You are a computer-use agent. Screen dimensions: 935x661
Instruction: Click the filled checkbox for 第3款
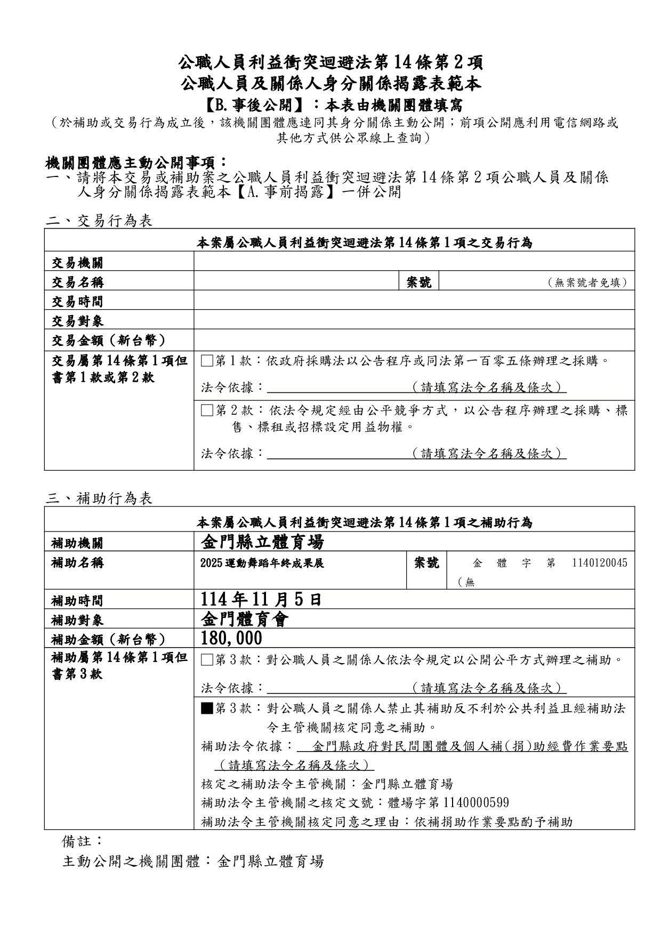point(207,708)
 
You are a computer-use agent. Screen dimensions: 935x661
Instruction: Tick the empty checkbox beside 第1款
point(207,361)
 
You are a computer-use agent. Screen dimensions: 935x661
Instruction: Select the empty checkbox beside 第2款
point(207,410)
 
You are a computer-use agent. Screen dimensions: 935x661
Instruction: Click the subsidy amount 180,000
point(232,638)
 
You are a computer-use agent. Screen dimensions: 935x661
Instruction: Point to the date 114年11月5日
point(261,600)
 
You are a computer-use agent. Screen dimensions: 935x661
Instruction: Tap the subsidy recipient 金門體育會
point(245,619)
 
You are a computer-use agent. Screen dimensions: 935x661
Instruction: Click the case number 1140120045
point(599,563)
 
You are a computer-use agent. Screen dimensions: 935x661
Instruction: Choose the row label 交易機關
point(78,263)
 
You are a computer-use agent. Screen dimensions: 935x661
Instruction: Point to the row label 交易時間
point(78,302)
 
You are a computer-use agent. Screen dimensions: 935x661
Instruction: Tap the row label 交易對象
point(78,321)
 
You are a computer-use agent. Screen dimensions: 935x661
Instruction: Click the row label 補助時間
point(78,601)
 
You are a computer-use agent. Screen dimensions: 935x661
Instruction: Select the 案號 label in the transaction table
point(419,282)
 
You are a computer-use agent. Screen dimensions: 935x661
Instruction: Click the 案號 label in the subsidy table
point(426,562)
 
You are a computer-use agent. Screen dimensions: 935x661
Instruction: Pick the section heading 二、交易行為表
point(99,221)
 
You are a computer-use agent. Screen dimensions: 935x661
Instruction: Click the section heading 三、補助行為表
point(99,498)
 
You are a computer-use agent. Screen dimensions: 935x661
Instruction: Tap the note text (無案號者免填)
point(587,283)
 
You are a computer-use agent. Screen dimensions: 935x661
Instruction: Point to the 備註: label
point(82,841)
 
